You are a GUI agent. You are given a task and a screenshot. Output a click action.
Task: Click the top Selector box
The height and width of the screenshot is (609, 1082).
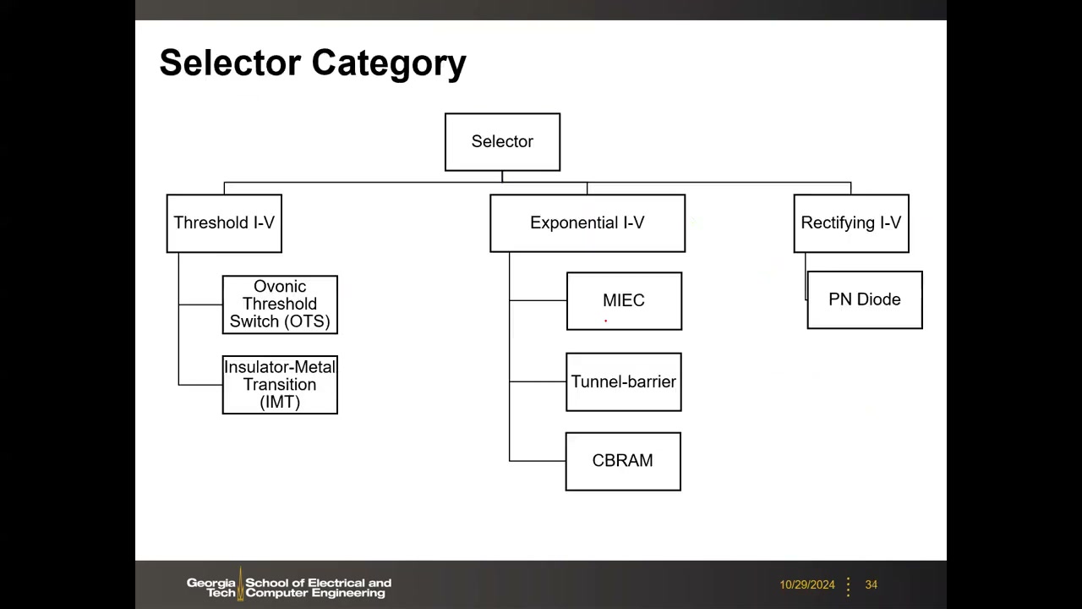click(502, 142)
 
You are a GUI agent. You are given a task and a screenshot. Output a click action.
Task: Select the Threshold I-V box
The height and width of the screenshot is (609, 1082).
click(224, 223)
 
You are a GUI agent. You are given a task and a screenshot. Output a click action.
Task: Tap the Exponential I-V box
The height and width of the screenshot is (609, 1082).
click(587, 223)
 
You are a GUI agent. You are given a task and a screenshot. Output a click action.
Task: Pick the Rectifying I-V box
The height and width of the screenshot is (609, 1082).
click(851, 223)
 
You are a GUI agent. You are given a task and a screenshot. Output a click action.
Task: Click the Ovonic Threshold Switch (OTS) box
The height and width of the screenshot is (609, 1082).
click(280, 304)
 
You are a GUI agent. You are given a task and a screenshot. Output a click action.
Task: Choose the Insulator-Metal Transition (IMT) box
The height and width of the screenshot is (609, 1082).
click(280, 385)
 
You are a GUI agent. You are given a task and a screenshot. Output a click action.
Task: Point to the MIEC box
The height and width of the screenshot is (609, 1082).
click(624, 301)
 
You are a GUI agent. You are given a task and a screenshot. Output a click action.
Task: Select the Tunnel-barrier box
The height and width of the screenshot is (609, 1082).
click(624, 381)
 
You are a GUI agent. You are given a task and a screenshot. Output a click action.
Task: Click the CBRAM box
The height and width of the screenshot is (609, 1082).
click(623, 462)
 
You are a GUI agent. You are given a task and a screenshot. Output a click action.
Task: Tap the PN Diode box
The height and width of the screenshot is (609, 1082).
click(865, 300)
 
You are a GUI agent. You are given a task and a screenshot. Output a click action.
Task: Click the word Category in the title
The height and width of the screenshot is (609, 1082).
click(389, 63)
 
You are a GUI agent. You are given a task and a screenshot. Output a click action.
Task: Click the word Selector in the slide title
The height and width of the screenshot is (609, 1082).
click(231, 63)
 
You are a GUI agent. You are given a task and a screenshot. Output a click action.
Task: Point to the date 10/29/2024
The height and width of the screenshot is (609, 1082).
click(807, 584)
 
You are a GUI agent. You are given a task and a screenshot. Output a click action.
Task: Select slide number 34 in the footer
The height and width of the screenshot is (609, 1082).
click(872, 584)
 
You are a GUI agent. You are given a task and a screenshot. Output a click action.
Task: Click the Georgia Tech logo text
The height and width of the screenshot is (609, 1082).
click(211, 588)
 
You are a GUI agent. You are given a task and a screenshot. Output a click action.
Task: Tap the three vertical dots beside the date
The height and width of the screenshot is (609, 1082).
click(848, 587)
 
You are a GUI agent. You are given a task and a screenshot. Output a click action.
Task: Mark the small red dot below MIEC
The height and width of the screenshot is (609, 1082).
click(606, 321)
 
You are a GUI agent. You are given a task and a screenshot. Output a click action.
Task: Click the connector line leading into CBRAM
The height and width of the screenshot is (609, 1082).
click(538, 461)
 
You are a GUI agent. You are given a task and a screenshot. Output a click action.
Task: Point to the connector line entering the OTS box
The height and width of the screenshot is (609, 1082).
click(200, 304)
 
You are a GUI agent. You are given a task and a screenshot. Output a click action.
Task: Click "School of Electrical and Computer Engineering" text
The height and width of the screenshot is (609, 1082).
click(319, 588)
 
